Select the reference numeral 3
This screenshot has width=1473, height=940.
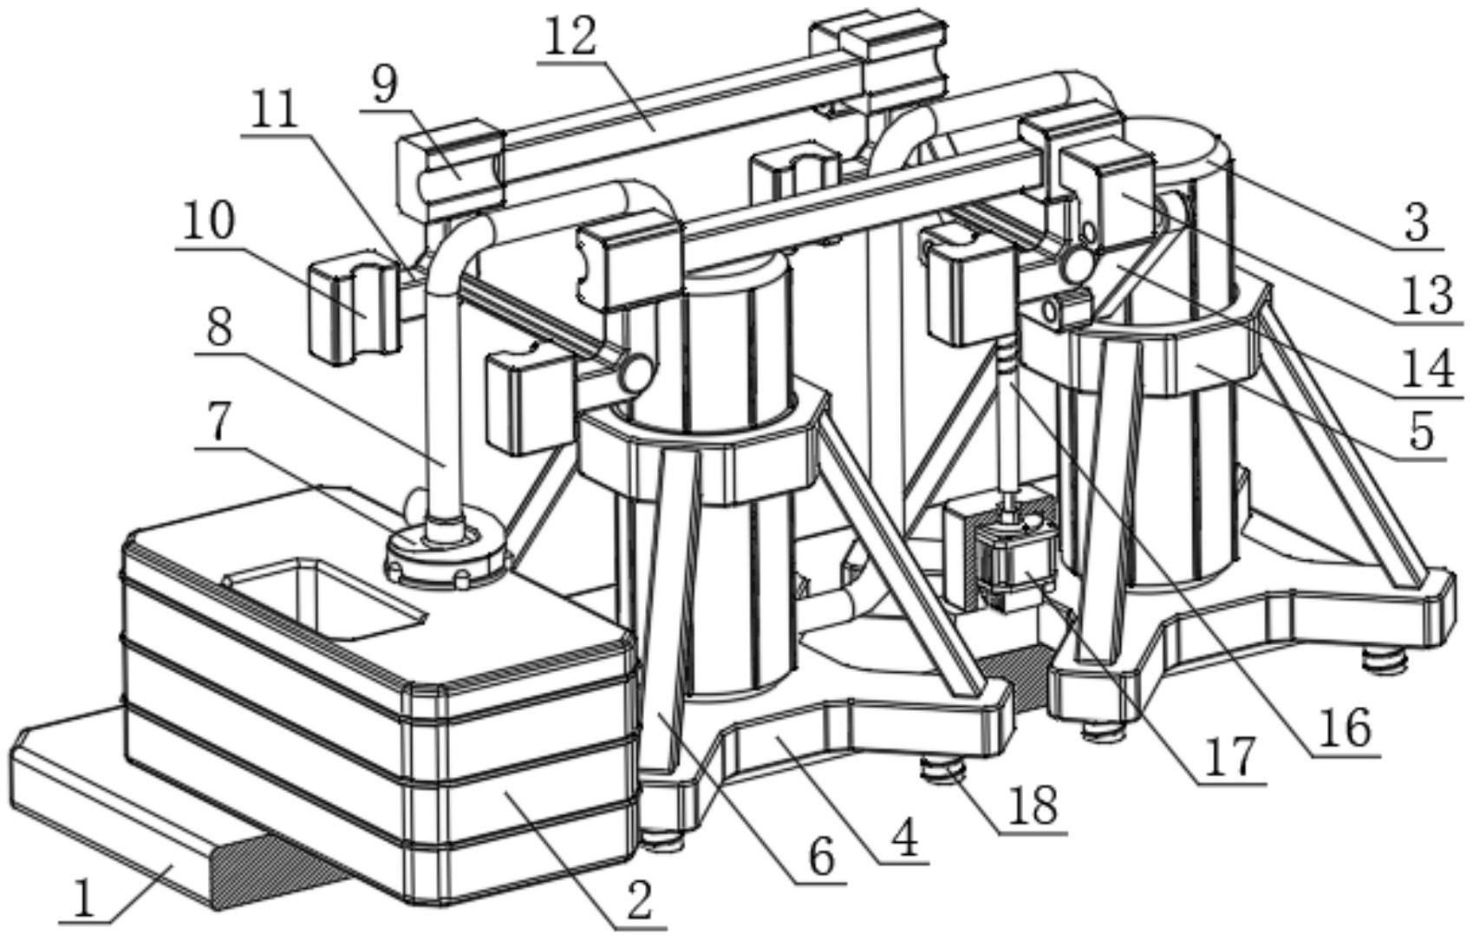pos(1416,222)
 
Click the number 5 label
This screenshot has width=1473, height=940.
pos(1420,431)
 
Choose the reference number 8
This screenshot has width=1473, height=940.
pos(218,328)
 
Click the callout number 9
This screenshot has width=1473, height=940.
pos(383,84)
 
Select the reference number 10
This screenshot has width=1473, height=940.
pos(208,221)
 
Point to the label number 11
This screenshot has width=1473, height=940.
pos(271,111)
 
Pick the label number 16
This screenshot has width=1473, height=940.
pos(1344,728)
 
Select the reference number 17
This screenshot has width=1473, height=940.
pos(1231,756)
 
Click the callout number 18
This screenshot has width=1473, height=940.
pos(1033,805)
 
